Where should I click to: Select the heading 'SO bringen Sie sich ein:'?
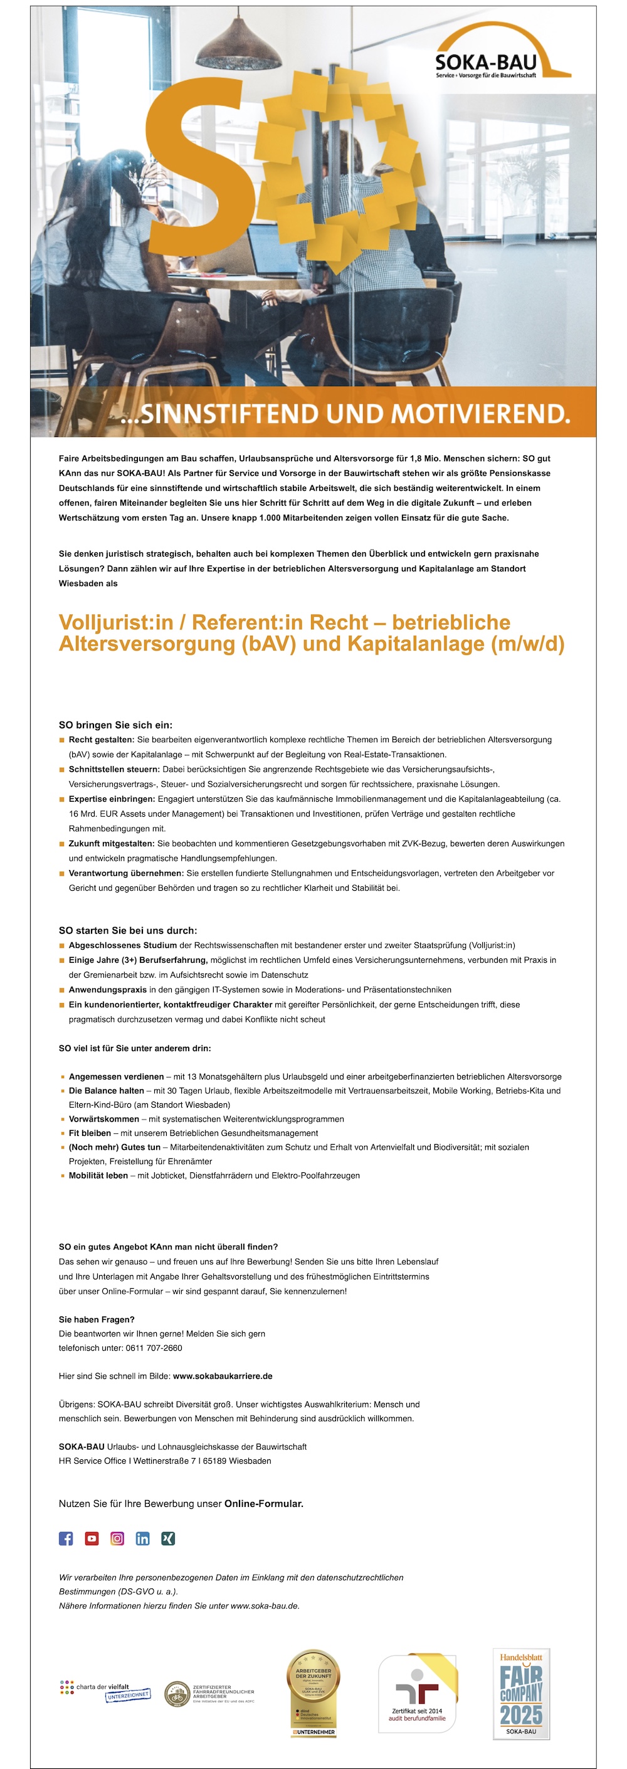click(x=115, y=725)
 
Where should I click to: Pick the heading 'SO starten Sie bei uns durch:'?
click(x=128, y=930)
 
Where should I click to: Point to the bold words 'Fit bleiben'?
click(x=90, y=1133)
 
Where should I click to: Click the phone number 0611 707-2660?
click(x=154, y=1348)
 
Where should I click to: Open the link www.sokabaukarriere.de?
click(x=223, y=1376)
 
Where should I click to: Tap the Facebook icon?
click(x=66, y=1538)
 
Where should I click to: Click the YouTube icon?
click(x=92, y=1538)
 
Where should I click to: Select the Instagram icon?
click(x=117, y=1538)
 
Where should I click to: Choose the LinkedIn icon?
click(x=143, y=1538)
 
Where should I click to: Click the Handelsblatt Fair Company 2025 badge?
click(x=521, y=1693)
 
